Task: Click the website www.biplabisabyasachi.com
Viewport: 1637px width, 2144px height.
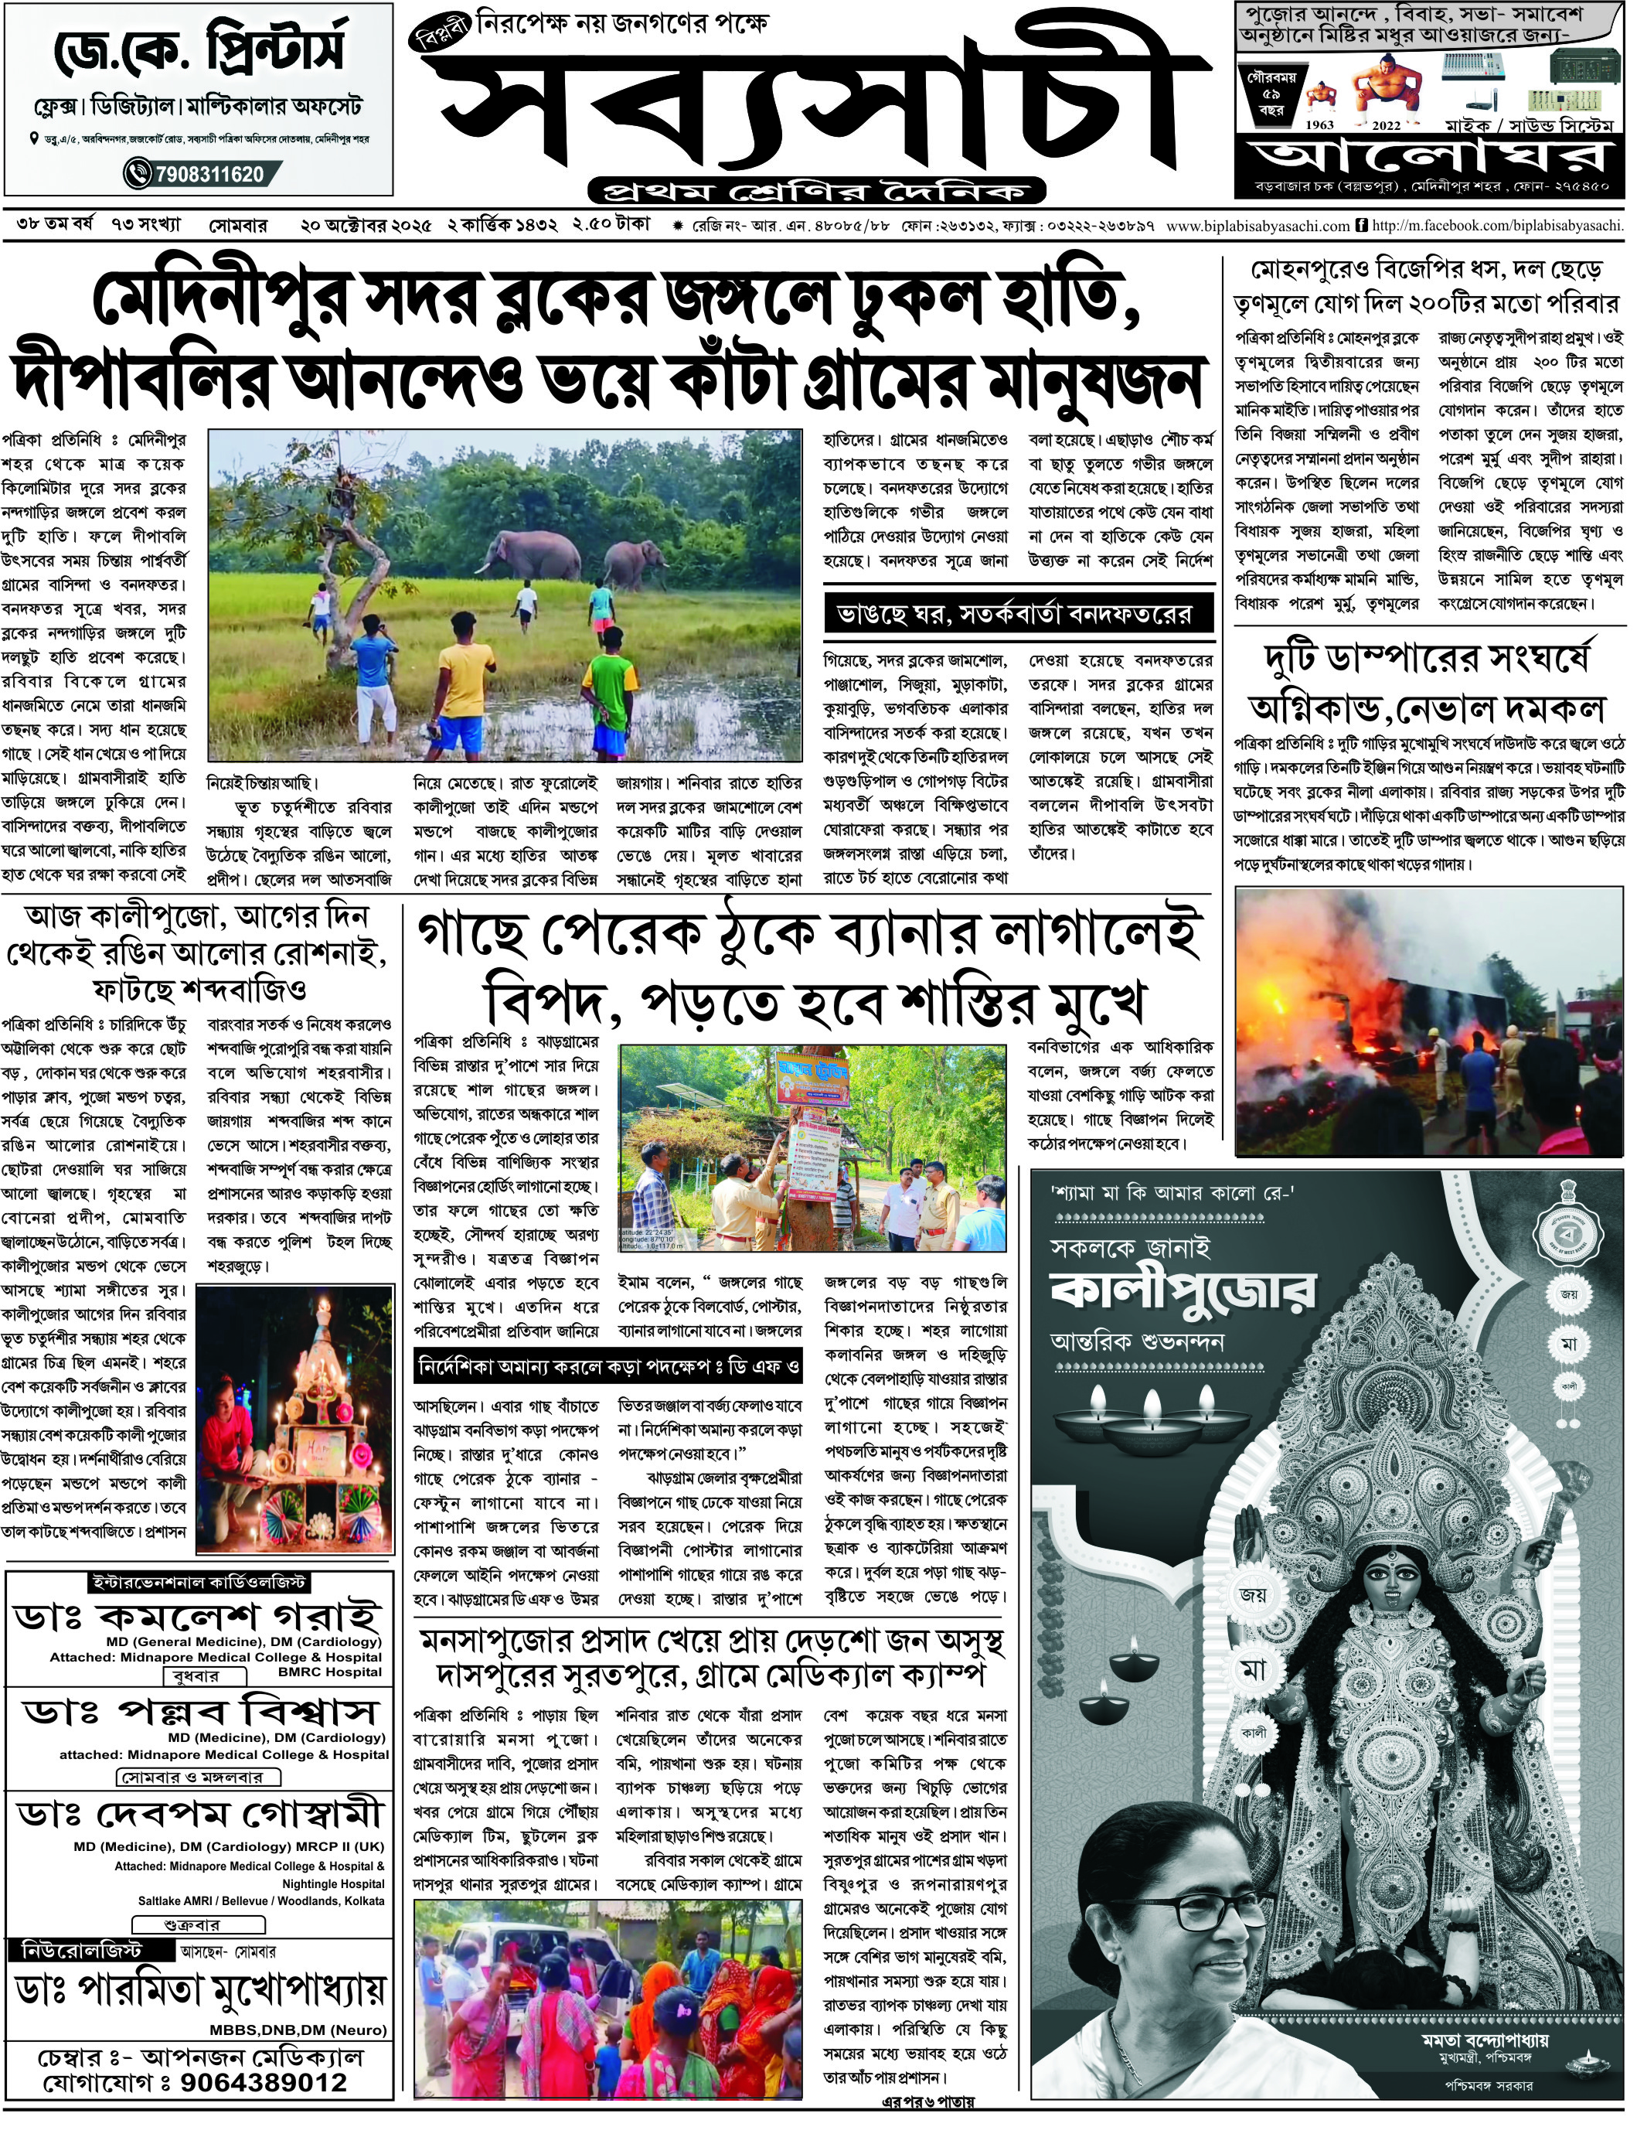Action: point(1257,225)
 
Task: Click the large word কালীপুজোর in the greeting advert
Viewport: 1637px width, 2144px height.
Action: point(1184,1290)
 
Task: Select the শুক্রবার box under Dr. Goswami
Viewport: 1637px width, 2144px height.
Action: point(199,1924)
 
